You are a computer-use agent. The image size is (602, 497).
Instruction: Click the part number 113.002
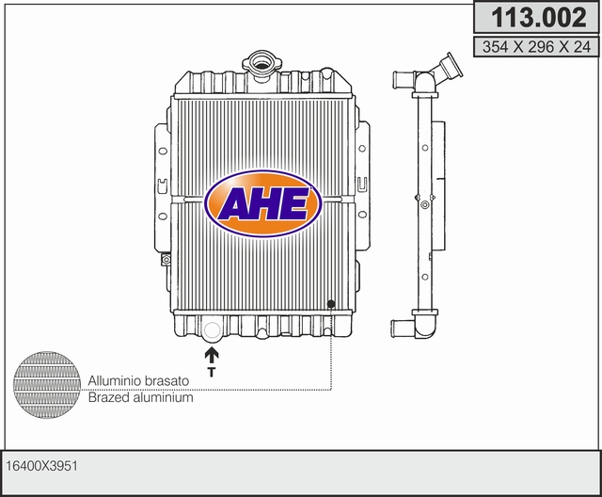tap(539, 17)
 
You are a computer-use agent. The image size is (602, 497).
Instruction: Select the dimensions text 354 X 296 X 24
tap(536, 47)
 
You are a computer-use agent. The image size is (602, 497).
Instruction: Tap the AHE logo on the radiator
tap(263, 203)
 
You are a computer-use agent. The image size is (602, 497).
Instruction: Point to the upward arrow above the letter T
tap(211, 355)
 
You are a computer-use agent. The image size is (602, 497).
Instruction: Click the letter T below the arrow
tap(211, 372)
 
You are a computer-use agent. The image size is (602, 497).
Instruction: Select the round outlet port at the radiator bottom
tap(212, 330)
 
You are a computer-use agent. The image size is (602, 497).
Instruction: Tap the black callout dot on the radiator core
tap(331, 304)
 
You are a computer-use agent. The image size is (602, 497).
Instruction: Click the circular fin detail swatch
tap(47, 384)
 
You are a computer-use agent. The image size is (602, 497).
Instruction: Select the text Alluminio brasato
tap(138, 380)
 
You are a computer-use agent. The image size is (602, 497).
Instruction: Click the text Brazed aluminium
tap(140, 397)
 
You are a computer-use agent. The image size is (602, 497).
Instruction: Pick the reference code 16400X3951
tap(41, 466)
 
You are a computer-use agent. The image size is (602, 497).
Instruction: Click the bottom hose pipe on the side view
tap(404, 329)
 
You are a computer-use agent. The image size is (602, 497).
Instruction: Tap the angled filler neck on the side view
tap(449, 67)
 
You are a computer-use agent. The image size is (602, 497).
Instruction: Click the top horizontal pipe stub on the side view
tap(403, 79)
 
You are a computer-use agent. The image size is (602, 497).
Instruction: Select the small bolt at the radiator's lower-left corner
tap(166, 260)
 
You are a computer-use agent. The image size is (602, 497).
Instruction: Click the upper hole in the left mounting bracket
tap(163, 151)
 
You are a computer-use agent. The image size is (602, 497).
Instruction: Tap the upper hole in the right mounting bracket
tap(362, 148)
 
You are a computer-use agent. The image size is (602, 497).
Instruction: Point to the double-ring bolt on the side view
tap(424, 204)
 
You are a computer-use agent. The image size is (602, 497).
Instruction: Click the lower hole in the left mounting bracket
tap(163, 216)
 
